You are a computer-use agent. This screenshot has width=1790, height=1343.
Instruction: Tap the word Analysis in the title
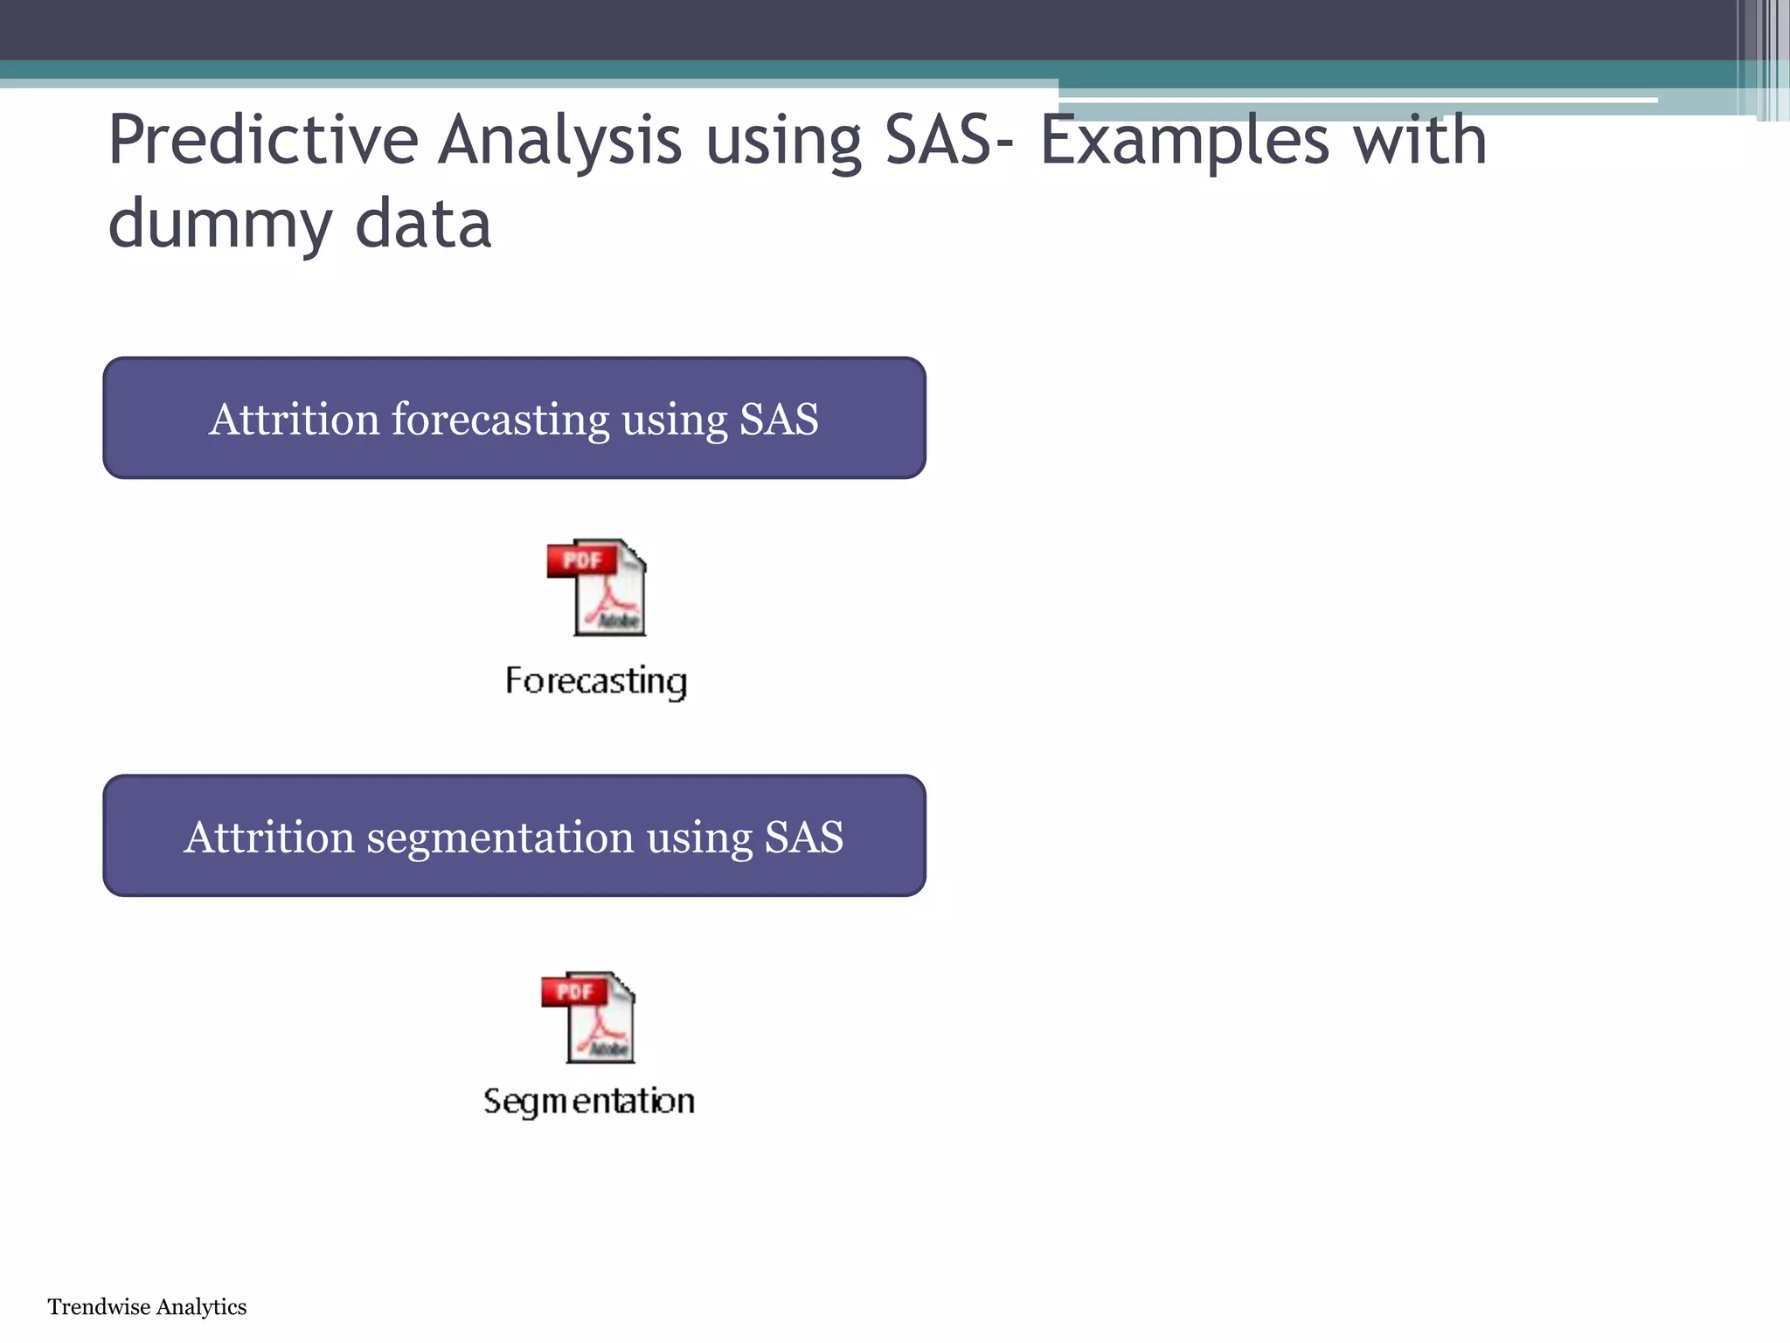coord(559,142)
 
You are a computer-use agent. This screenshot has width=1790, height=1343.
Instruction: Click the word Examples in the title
coord(1184,142)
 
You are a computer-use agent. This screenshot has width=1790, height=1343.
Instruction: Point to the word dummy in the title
coord(219,224)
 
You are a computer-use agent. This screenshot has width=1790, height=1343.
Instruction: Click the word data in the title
coord(423,224)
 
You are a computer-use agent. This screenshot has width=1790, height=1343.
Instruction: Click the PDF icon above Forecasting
coord(598,588)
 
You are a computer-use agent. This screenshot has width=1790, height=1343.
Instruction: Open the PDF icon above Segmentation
coord(589,1018)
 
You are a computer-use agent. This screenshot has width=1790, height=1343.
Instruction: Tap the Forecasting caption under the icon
coord(596,681)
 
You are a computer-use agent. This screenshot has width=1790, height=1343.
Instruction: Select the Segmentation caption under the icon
coord(589,1101)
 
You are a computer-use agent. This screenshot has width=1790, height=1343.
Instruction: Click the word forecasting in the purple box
coord(500,419)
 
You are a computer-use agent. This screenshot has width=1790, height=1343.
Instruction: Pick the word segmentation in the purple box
coord(500,837)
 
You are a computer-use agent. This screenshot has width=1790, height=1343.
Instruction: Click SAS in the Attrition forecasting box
coord(779,419)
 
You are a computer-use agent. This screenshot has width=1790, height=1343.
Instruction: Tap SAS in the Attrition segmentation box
coord(804,837)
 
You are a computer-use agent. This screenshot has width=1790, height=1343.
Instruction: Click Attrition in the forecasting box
coord(294,419)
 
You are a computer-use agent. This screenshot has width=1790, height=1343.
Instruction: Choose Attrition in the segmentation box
coord(268,837)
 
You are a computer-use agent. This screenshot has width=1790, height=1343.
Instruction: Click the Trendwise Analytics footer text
coord(147,1307)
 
